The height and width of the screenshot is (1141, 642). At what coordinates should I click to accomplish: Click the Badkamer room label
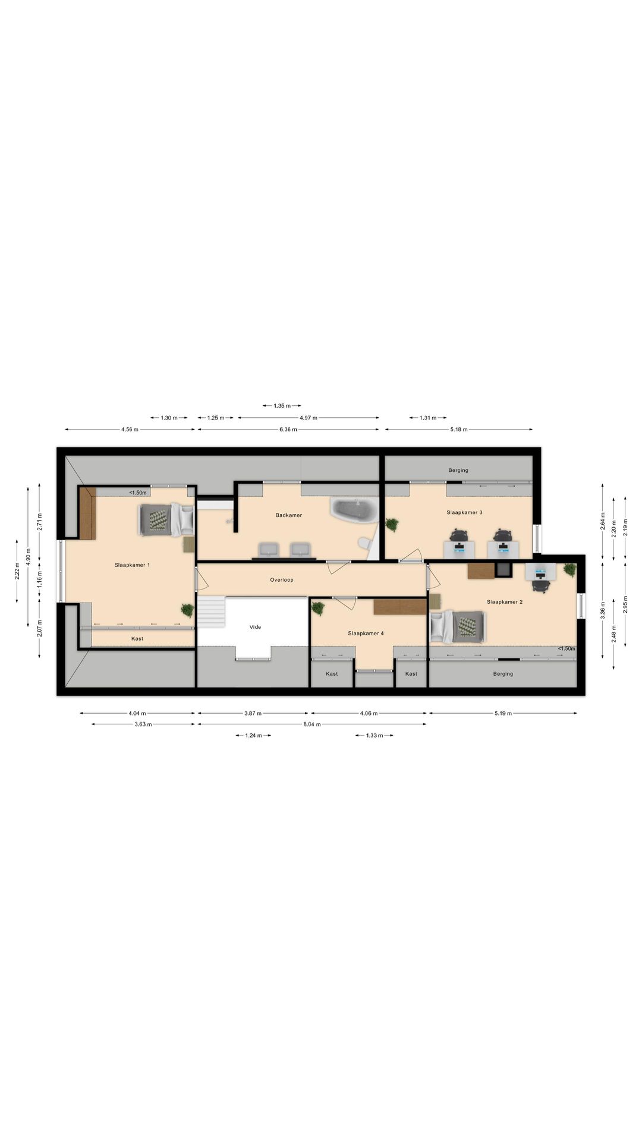click(x=288, y=515)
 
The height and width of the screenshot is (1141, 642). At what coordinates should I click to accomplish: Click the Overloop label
click(x=282, y=580)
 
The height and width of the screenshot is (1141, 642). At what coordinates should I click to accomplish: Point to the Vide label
click(x=255, y=627)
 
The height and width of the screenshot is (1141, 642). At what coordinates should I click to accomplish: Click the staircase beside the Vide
click(x=212, y=612)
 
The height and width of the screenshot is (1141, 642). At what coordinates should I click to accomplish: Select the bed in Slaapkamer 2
click(x=458, y=626)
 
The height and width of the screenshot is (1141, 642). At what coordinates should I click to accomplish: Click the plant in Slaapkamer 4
click(x=318, y=608)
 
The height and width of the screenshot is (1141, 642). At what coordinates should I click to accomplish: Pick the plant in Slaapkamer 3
click(x=392, y=524)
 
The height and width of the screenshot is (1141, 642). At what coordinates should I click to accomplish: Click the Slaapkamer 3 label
click(x=464, y=512)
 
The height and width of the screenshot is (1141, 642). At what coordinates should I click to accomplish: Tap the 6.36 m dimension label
click(x=288, y=429)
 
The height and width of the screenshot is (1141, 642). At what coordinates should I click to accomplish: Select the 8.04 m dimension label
click(x=312, y=724)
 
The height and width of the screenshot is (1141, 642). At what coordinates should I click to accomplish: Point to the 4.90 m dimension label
click(x=28, y=556)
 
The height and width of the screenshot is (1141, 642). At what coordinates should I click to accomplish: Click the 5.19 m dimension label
click(x=503, y=713)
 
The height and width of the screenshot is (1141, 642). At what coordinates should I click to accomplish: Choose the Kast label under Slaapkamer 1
click(x=137, y=639)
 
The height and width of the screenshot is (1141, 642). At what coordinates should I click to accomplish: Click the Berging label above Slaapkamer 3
click(x=458, y=471)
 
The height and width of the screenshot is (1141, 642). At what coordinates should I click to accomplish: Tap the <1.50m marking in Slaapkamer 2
click(x=567, y=648)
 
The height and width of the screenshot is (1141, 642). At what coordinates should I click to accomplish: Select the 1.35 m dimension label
click(x=282, y=406)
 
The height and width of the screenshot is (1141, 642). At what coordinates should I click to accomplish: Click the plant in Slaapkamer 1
click(x=188, y=610)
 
